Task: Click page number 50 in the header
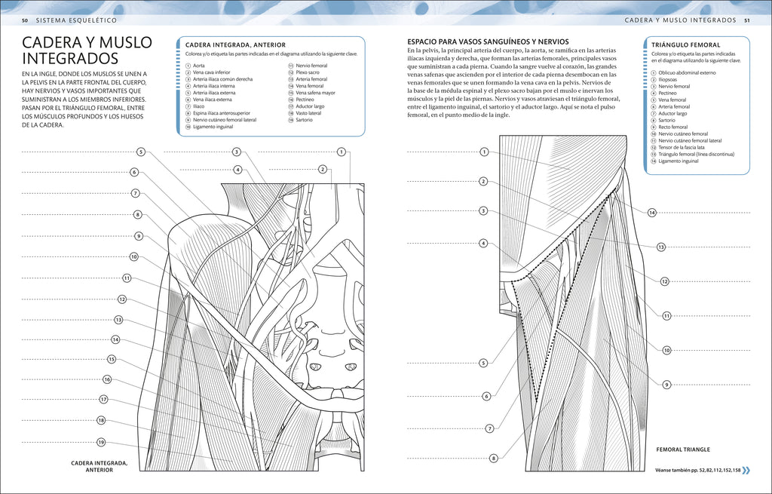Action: click(x=25, y=20)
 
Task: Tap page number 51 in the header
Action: click(x=746, y=20)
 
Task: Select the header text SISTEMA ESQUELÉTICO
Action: click(x=76, y=20)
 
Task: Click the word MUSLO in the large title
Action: click(x=126, y=42)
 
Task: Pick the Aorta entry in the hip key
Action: click(x=199, y=66)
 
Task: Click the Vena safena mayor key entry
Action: click(x=316, y=93)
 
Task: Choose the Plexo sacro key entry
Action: click(x=308, y=72)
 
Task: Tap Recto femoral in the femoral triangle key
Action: click(x=673, y=127)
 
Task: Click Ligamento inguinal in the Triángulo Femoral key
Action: click(x=679, y=161)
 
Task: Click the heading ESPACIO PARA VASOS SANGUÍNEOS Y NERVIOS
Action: click(x=488, y=42)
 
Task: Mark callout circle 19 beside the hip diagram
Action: click(x=101, y=442)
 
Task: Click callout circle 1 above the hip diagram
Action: click(x=342, y=152)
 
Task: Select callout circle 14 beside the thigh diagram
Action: click(x=652, y=213)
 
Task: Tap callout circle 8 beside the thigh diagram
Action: click(x=493, y=459)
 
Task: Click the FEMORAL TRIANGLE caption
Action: click(x=683, y=450)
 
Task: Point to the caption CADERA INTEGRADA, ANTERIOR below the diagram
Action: click(x=100, y=466)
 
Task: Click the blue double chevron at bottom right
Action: click(x=746, y=471)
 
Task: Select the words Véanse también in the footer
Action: click(x=669, y=471)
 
